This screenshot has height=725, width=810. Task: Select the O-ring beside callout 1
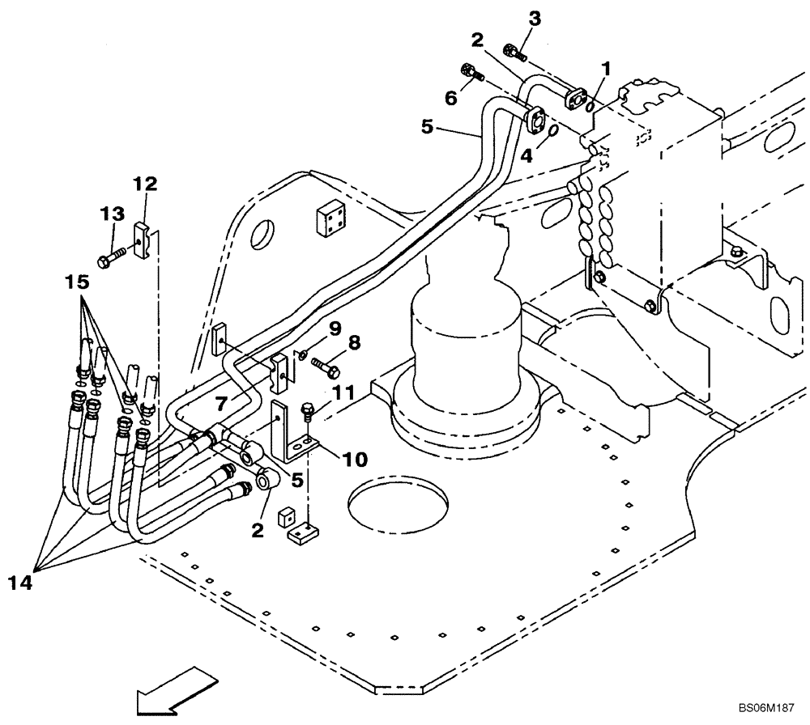(x=591, y=106)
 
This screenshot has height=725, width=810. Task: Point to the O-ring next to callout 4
(x=551, y=131)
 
